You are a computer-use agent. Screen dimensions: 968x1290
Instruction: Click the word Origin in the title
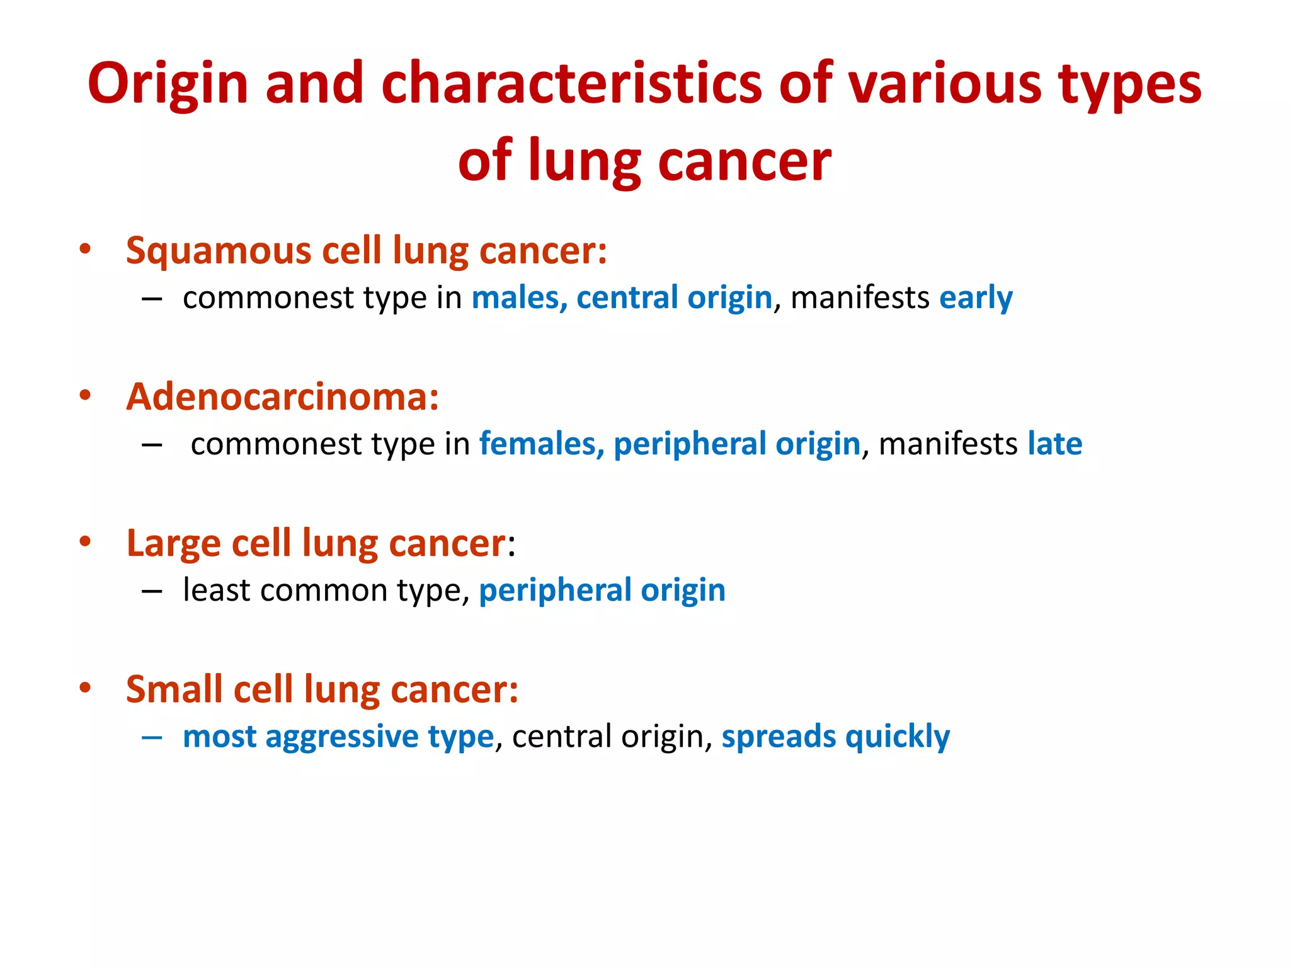tap(168, 84)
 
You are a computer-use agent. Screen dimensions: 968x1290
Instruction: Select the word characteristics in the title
tap(572, 84)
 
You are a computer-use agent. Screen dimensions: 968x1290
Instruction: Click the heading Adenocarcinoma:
tap(282, 397)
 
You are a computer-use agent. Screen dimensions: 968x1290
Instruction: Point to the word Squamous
tap(219, 251)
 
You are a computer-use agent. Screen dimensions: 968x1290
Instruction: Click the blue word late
tap(1055, 444)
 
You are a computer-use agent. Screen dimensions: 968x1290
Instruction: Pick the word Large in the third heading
tap(173, 543)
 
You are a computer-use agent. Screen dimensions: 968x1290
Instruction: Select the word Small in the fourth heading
tap(174, 689)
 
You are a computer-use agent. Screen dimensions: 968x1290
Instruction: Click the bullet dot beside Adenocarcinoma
tap(85, 396)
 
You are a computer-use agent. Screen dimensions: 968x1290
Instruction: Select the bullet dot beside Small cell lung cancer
tap(85, 688)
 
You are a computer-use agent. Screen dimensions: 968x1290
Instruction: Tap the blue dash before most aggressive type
tap(152, 737)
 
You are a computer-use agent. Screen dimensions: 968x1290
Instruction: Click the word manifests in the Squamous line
tap(860, 297)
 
